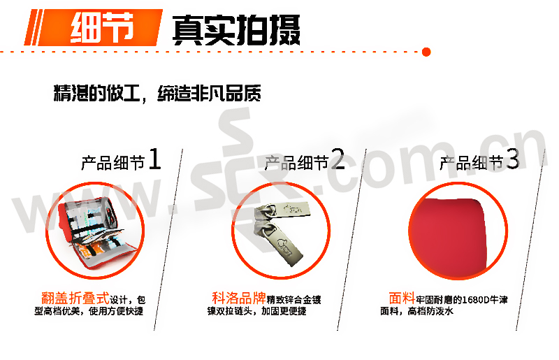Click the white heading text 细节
point(102,28)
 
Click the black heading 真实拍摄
point(236,30)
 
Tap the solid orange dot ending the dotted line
point(426,52)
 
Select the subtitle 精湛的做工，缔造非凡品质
point(157,93)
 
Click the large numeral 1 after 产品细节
point(154,159)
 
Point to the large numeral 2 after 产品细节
point(337,159)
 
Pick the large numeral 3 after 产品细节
point(513,159)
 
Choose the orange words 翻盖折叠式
point(75,298)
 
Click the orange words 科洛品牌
point(239,298)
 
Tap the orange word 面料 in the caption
point(402,298)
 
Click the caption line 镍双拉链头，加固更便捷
point(256,312)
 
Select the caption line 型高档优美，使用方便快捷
point(89,312)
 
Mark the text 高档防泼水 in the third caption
point(430,312)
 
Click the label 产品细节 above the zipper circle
point(296,163)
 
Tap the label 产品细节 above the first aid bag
point(113,163)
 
